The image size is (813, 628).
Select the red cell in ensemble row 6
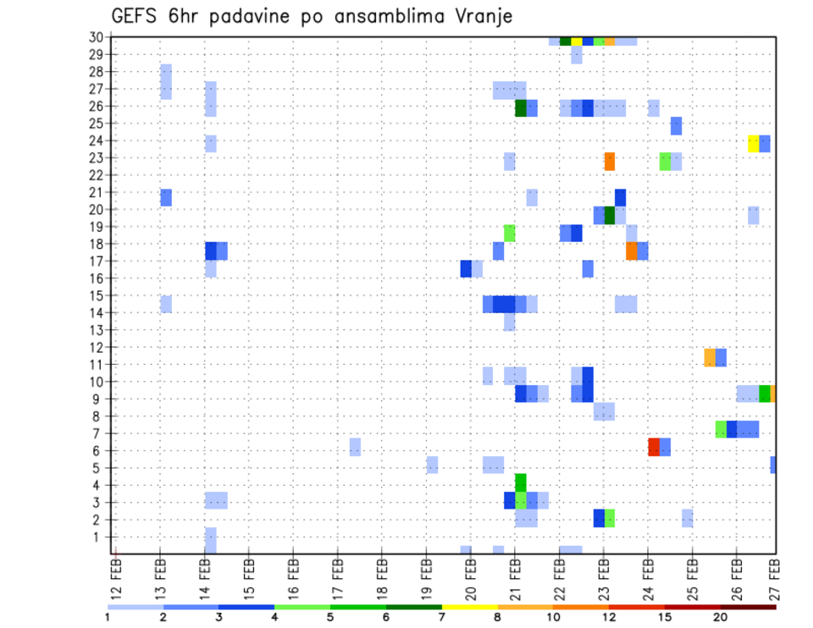[x=654, y=447]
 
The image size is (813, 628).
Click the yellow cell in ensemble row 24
[x=754, y=143]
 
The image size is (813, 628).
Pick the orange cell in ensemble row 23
[x=610, y=161]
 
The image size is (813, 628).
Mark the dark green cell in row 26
[x=521, y=108]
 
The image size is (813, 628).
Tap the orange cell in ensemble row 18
[x=632, y=251]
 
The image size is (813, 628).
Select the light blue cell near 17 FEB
[x=355, y=447]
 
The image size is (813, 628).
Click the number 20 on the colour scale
[x=721, y=616]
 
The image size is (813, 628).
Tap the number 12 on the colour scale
[x=610, y=616]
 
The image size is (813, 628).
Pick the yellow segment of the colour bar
[x=470, y=607]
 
